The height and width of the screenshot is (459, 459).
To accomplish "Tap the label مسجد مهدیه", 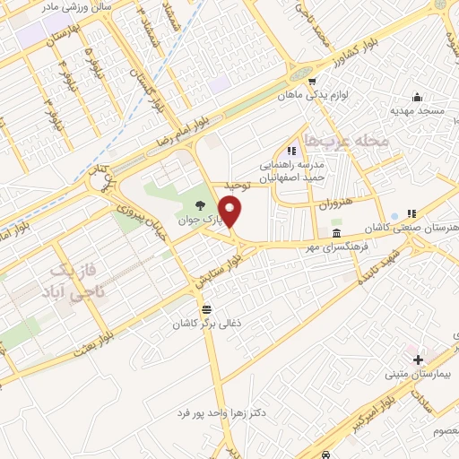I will point(416,111).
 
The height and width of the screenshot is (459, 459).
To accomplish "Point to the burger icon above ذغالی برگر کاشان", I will point(207,308).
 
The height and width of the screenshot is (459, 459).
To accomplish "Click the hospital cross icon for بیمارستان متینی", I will point(418,359).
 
